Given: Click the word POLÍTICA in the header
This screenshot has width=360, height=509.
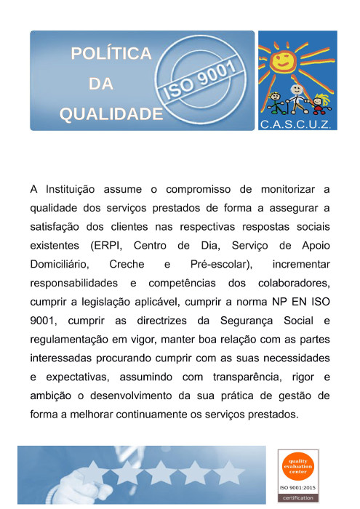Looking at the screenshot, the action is pos(111,54).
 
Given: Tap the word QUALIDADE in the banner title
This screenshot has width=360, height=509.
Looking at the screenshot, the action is pos(111,114).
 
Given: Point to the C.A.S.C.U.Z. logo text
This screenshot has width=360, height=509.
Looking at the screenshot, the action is pos(297,125).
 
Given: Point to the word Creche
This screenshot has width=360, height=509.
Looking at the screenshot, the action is pos(126,262).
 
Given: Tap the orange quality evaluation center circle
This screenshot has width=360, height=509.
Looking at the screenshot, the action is pos(300,465).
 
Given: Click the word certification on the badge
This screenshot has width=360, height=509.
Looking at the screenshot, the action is pos(300,498).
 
